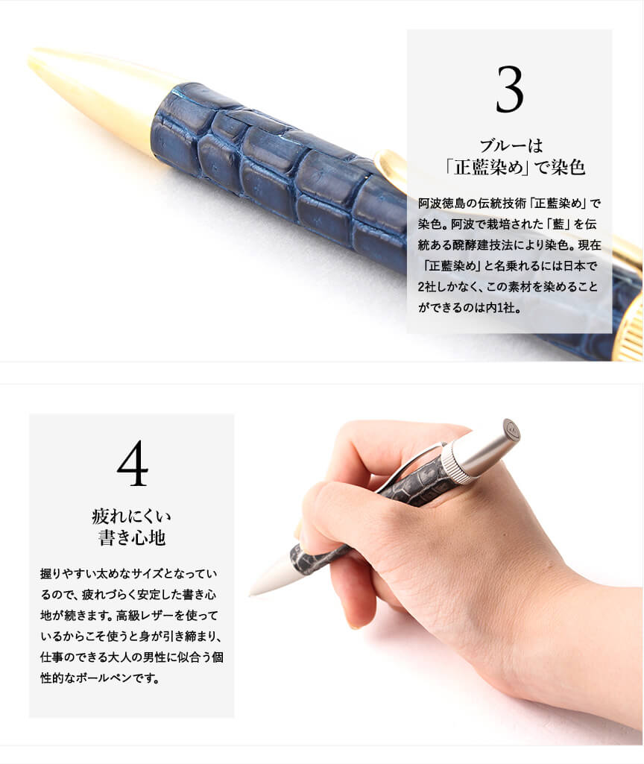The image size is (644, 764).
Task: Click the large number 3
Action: coord(510,89)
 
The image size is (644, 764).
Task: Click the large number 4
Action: coord(133,464)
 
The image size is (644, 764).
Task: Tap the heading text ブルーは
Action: coord(511,145)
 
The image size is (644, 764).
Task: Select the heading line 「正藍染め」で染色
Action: coord(515,168)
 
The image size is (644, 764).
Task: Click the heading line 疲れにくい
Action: coord(131,516)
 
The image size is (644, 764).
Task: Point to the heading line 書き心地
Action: coord(131,538)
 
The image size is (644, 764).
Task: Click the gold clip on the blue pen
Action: coord(391,168)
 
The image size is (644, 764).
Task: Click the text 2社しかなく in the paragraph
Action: coord(446,287)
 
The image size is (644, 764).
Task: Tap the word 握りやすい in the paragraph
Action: coord(68,573)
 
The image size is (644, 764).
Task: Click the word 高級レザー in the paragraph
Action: coord(145,616)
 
